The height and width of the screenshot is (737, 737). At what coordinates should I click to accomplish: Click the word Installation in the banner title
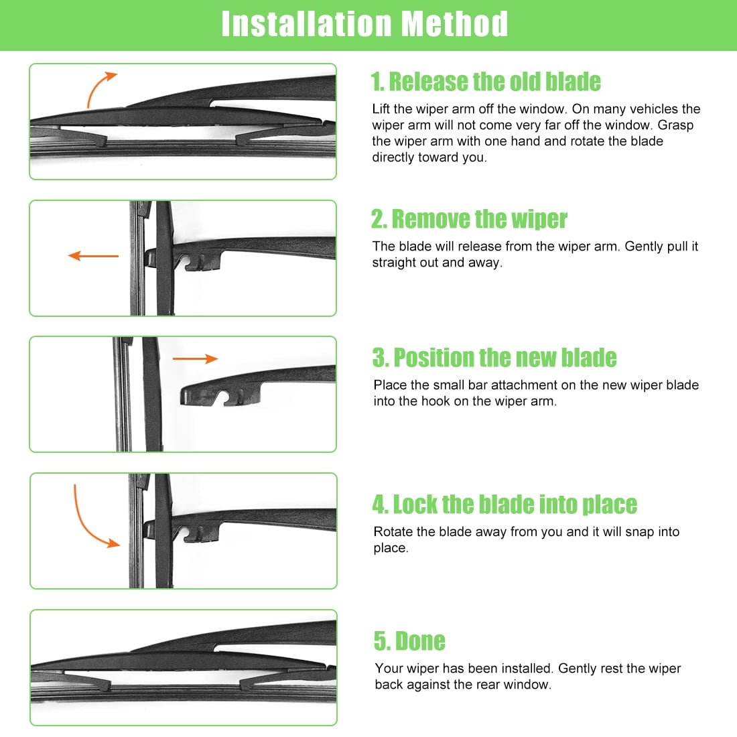tap(306, 24)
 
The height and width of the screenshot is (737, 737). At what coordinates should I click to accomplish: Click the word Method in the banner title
tap(454, 24)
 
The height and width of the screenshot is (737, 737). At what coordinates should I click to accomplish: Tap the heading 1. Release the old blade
tap(486, 82)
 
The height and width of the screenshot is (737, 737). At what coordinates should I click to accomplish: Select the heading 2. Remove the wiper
tap(469, 219)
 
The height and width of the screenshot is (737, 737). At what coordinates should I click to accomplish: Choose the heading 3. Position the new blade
tap(494, 358)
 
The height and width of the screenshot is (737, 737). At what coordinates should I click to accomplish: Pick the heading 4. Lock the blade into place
tap(505, 505)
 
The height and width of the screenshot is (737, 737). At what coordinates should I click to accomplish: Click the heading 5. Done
tap(409, 641)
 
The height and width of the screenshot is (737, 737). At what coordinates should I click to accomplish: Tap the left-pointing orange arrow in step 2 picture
tap(93, 256)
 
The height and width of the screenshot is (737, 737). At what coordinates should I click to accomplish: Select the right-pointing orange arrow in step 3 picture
tap(195, 358)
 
